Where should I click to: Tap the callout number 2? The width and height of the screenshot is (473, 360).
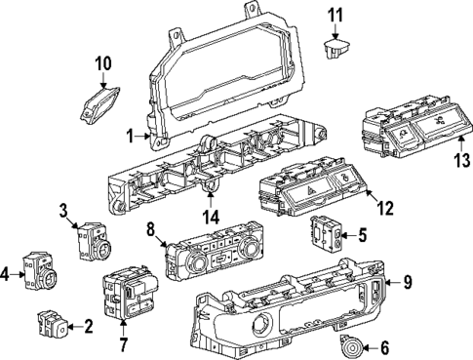coord(89,325)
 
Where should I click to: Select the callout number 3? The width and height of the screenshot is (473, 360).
coord(63,210)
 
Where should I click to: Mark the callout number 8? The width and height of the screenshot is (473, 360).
coord(150,231)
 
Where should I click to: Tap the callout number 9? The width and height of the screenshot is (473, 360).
coord(408,283)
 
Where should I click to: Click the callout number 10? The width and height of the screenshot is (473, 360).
coord(102,65)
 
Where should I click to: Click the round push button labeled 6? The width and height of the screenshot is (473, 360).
coord(346,344)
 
